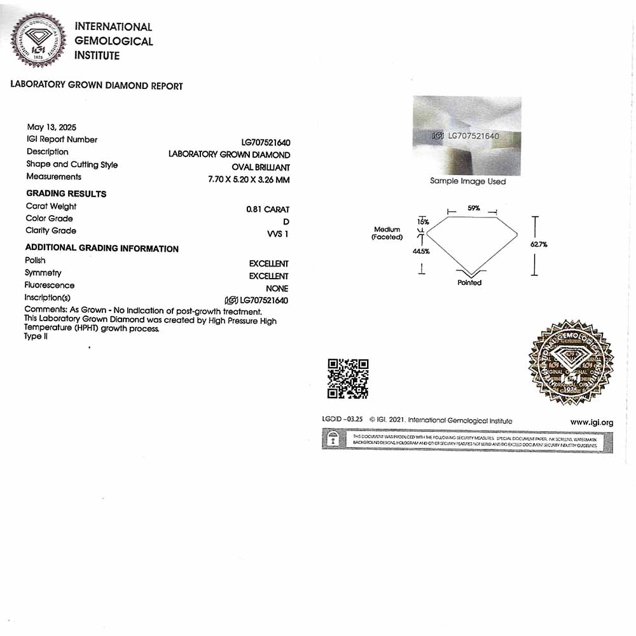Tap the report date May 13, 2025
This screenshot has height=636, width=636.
(x=52, y=127)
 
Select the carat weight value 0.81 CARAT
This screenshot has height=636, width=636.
(x=268, y=209)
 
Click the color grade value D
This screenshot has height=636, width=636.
(x=286, y=221)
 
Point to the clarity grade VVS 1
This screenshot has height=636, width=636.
(x=278, y=234)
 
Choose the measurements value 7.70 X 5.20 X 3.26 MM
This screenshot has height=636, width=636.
(x=249, y=180)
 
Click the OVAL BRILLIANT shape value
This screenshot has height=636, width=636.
(x=264, y=167)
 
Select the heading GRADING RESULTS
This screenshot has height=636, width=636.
(x=66, y=193)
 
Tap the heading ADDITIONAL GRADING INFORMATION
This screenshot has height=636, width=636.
(x=102, y=249)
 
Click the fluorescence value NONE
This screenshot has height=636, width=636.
(x=277, y=288)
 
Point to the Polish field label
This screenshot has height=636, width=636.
(x=35, y=260)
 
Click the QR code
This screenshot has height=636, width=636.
(x=348, y=378)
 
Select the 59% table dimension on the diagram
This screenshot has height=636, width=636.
(x=473, y=208)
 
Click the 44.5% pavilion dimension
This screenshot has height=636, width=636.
(x=421, y=251)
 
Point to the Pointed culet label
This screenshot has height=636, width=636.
(x=469, y=282)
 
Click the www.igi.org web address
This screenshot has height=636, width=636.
(x=591, y=422)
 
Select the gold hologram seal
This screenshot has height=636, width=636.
(x=570, y=363)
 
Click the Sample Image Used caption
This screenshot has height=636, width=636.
(x=467, y=181)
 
